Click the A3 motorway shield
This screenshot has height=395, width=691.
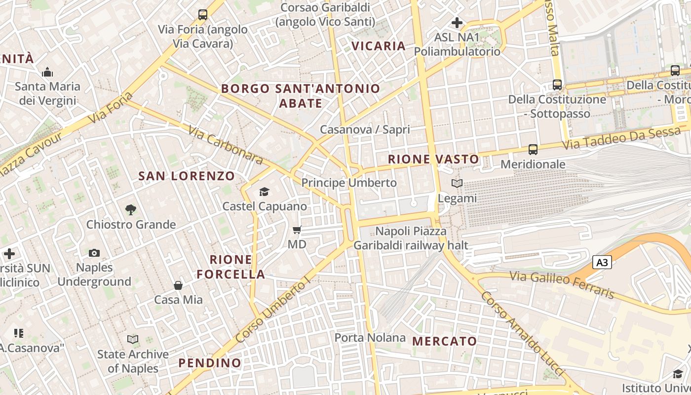[x=602, y=263]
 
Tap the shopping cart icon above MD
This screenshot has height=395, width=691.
[x=297, y=230]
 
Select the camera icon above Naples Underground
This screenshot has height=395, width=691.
[x=94, y=253]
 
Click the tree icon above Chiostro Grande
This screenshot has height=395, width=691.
[x=131, y=210]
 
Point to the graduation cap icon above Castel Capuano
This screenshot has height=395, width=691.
[x=265, y=192]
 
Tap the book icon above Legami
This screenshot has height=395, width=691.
[x=457, y=184]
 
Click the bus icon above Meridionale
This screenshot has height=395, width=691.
[x=533, y=149]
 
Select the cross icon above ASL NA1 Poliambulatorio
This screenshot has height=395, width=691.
[x=457, y=23]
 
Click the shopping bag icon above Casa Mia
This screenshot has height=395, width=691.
[x=178, y=285]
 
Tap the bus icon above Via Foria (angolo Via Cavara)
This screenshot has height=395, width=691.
[x=203, y=15]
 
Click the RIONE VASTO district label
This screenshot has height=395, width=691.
[x=433, y=159]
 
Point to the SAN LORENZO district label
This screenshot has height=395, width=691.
[x=187, y=176]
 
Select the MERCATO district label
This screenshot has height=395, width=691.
[x=445, y=341]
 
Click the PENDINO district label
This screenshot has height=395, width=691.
[x=210, y=363]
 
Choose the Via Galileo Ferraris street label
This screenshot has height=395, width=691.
[x=562, y=285]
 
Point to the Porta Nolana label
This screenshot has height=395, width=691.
[x=370, y=338]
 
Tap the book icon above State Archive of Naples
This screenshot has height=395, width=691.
[x=133, y=339]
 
